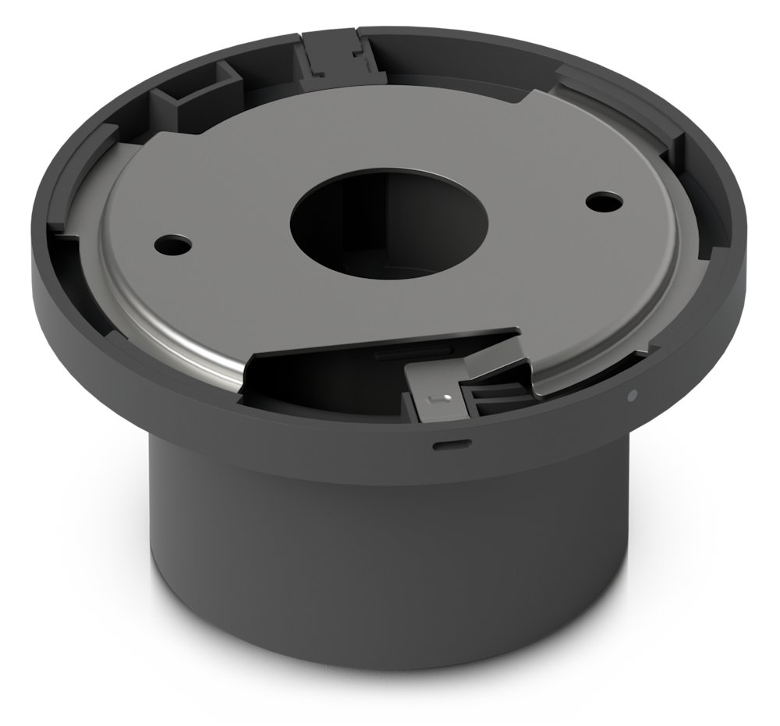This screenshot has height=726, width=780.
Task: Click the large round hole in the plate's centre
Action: click(388, 222)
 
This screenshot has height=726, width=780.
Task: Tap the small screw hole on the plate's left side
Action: click(172, 244)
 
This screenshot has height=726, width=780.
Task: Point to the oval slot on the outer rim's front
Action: click(452, 446)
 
